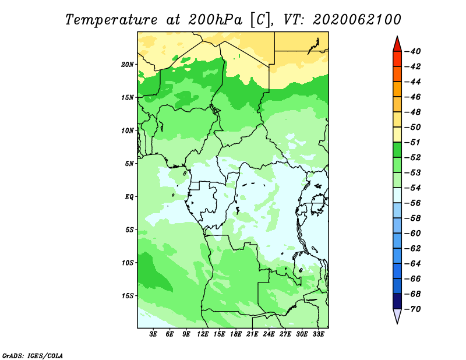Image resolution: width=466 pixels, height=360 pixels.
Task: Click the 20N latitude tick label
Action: (128, 65)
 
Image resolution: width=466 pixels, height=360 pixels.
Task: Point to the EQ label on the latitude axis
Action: (129, 197)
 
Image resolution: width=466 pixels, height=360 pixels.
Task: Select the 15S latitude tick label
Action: (128, 296)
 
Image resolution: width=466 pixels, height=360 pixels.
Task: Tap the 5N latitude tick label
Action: (129, 164)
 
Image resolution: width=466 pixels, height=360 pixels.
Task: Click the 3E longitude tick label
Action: (153, 334)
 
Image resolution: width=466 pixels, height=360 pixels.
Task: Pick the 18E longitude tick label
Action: (236, 334)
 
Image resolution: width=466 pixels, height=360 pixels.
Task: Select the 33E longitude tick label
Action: (318, 334)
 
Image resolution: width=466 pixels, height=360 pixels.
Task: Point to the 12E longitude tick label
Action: (203, 334)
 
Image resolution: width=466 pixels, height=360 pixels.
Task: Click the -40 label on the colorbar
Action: (413, 51)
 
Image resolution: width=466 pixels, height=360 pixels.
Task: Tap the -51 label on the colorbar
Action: (413, 142)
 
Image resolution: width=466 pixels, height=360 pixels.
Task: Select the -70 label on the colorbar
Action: (413, 309)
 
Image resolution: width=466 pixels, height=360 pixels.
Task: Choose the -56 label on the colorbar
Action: (413, 203)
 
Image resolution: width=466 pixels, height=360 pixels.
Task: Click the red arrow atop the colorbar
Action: (397, 45)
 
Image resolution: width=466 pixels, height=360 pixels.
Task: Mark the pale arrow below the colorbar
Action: (397, 316)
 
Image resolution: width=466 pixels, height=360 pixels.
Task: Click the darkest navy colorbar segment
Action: (397, 301)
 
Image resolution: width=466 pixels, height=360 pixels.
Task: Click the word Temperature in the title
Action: (111, 20)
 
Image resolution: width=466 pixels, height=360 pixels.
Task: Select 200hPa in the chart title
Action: (215, 20)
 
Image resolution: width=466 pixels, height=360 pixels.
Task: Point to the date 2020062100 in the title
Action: (357, 20)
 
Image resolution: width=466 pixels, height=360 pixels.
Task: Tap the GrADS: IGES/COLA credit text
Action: (33, 356)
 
